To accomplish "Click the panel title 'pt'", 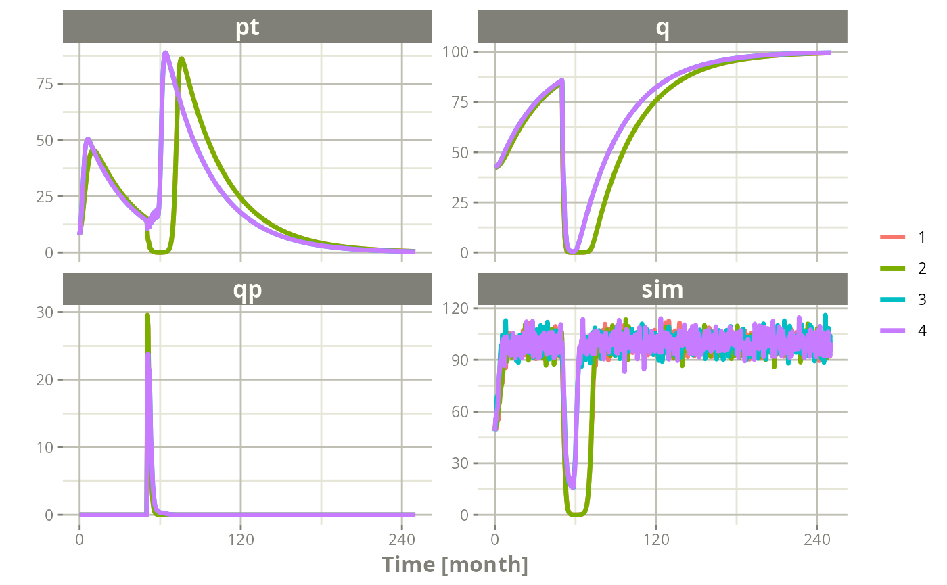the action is coord(248,28).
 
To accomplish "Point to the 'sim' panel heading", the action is coord(662,289).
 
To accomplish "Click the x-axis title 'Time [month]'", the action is coord(455,565).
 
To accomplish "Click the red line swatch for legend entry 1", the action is coord(892,237).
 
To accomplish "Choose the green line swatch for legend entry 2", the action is coord(892,268).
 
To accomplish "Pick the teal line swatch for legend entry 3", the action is coord(892,299).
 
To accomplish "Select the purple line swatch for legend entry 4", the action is coord(892,330).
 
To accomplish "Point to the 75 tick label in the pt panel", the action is coord(45,84).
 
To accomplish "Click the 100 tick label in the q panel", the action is coord(455,52).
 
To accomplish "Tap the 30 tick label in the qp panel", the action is coord(45,312).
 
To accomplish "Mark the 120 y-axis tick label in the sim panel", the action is coord(455,308).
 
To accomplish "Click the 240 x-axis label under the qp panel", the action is coord(402,540).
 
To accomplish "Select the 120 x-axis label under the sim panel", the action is coord(656,540).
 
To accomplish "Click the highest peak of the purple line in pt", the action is coord(165,53).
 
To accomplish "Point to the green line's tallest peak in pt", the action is coord(181,59).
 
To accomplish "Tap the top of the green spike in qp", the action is coord(147,315).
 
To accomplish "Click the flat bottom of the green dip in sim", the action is coord(577,514).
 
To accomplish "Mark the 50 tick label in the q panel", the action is coord(460,153).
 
